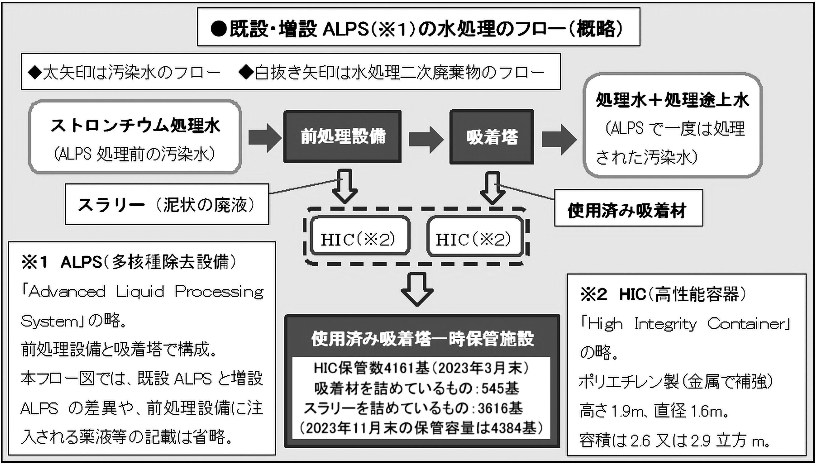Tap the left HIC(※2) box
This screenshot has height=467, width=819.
(x=360, y=239)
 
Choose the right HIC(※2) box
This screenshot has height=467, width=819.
(x=475, y=239)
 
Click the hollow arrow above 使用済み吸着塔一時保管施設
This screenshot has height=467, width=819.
(x=417, y=289)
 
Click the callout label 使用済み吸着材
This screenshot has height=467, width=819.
(x=628, y=211)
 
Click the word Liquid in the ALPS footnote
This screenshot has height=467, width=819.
(x=140, y=292)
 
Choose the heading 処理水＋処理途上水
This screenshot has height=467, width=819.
(x=672, y=100)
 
